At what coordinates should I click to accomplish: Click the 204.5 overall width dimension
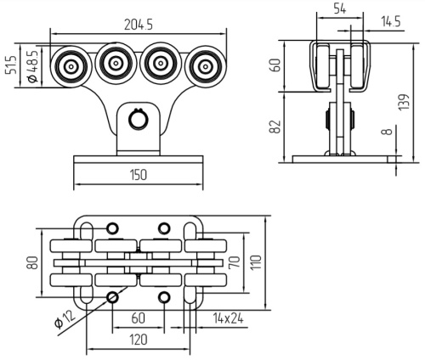(x=139, y=25)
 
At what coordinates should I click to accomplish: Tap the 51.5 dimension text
(x=11, y=65)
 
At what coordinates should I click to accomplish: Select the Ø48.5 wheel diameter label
(x=32, y=67)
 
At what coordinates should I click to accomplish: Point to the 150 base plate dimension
(x=139, y=175)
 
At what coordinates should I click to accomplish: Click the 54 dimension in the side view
(x=340, y=9)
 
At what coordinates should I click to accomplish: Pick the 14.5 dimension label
(x=391, y=21)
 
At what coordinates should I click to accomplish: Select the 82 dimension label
(x=275, y=127)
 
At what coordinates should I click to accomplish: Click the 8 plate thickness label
(x=388, y=132)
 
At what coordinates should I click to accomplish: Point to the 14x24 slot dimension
(x=229, y=319)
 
